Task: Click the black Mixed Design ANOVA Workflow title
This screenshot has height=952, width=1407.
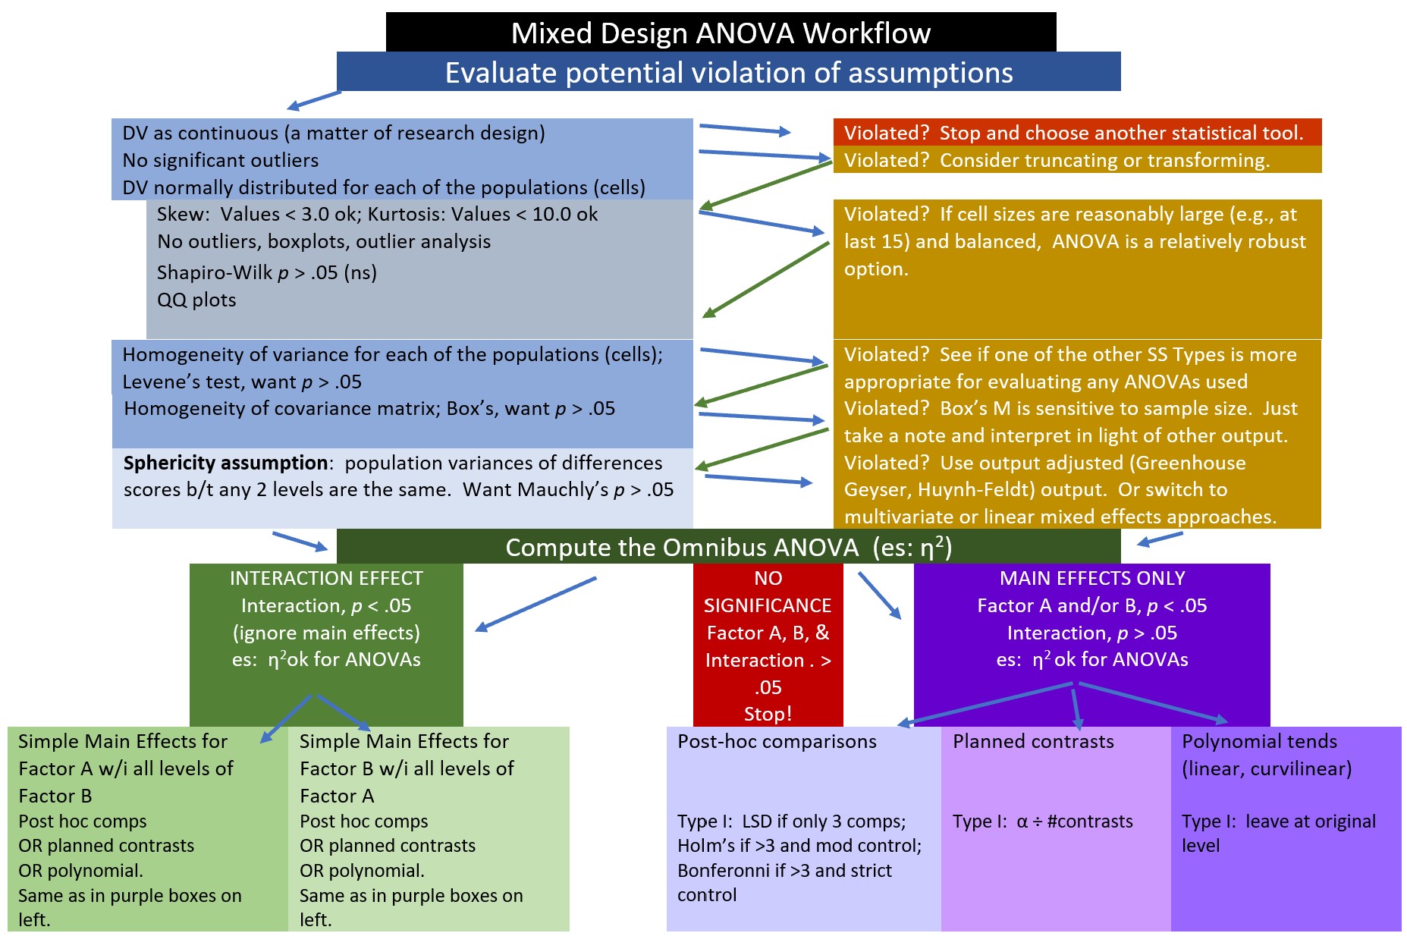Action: coord(721,33)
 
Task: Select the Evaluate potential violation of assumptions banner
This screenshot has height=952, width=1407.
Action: coord(728,73)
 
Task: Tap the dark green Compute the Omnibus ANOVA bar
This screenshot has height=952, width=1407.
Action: coord(728,547)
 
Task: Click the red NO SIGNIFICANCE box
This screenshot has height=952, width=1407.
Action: coord(768,645)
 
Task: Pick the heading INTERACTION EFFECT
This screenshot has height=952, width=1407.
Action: coord(326,578)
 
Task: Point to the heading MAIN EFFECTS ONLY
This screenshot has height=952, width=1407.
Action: coord(1091,578)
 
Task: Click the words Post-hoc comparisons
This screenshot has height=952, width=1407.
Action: coord(777,741)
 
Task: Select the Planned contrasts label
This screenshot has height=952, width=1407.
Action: coord(1033,741)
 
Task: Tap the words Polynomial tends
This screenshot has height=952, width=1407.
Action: coord(1259,741)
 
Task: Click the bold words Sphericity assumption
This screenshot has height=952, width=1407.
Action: coord(225,463)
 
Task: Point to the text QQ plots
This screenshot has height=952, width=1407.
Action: coord(196,300)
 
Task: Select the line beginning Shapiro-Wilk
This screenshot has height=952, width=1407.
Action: coord(266,272)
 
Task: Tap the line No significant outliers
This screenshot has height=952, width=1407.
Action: coord(220,160)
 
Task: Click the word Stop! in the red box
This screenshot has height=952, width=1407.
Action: coord(768,714)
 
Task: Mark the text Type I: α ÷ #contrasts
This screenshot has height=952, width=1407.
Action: coord(1042,822)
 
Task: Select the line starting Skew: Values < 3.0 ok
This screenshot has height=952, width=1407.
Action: coord(377,214)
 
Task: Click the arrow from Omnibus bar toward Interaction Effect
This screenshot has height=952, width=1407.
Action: coord(535,604)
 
